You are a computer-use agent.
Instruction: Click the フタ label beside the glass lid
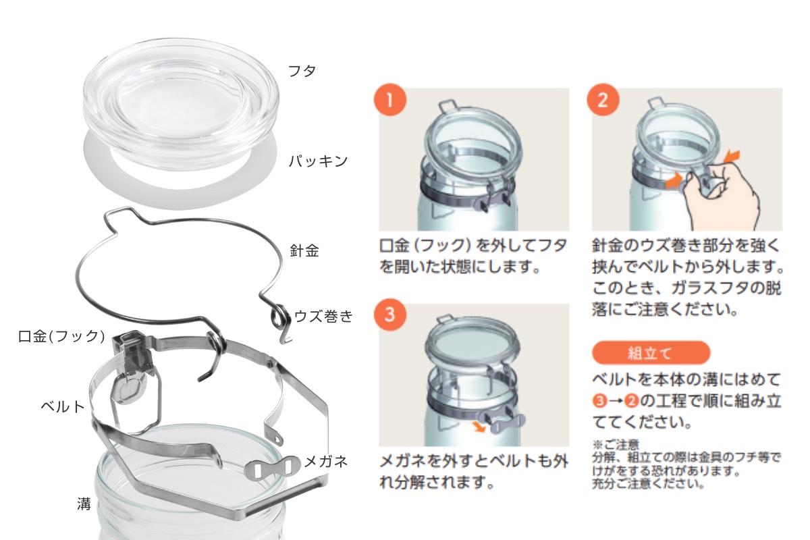(302, 71)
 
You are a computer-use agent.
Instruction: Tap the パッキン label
(318, 161)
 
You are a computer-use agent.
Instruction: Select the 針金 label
(304, 251)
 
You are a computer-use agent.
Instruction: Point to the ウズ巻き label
(323, 316)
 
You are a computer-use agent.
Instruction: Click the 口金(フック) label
(61, 335)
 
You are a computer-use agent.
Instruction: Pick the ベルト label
(63, 406)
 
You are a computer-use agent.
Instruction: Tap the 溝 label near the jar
(84, 504)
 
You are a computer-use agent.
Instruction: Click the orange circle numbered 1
(390, 101)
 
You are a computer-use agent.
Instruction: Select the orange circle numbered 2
(603, 101)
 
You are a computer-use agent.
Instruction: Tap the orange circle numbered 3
(390, 315)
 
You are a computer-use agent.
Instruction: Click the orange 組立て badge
(650, 353)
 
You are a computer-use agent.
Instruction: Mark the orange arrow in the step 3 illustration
(481, 426)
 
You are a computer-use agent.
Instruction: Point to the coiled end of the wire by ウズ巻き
(277, 315)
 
